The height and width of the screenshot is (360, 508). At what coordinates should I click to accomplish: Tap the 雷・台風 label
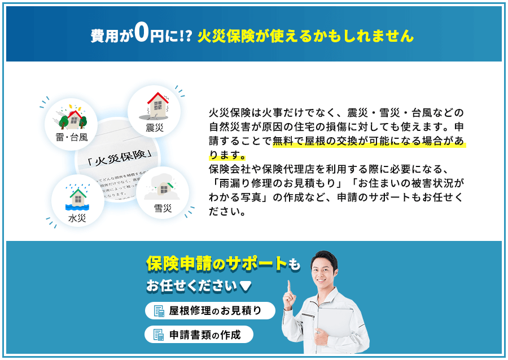point(72,137)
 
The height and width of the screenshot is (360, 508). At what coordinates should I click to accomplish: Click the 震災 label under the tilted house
point(154,128)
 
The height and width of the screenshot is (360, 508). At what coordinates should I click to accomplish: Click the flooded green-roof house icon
point(77,197)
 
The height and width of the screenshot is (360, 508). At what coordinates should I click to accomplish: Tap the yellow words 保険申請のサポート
point(217,263)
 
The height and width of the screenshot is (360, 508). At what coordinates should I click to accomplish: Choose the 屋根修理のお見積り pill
point(210,311)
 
